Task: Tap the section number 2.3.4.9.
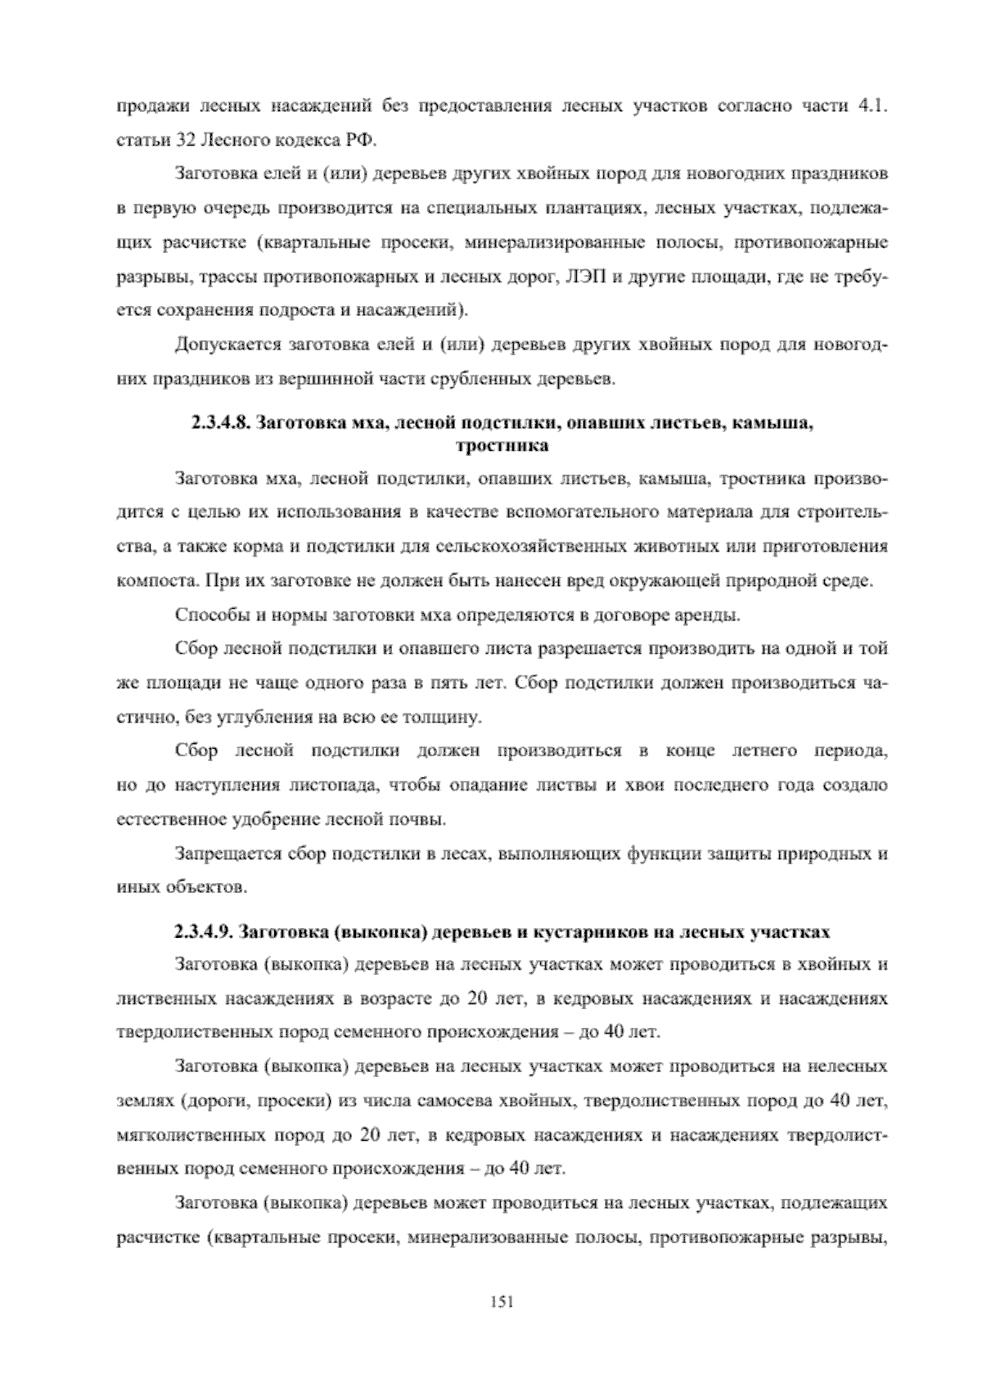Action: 205,931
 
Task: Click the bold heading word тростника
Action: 501,446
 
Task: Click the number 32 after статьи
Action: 182,140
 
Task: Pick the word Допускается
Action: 227,345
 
